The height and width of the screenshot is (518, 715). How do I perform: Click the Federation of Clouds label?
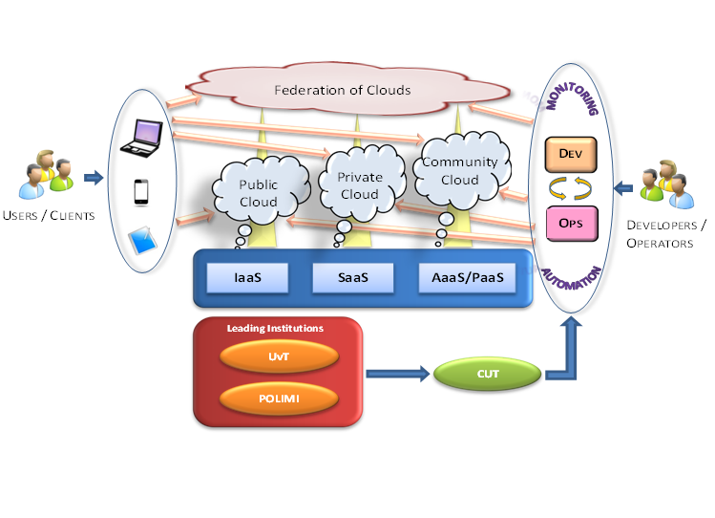pyautogui.click(x=342, y=91)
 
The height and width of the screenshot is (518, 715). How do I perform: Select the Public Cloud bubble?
pyautogui.click(x=259, y=194)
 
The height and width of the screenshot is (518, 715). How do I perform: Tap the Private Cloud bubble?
pyautogui.click(x=359, y=185)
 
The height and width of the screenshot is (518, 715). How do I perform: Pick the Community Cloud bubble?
pyautogui.click(x=460, y=170)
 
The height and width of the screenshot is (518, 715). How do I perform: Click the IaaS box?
pyautogui.click(x=247, y=278)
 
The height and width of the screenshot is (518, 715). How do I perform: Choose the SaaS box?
pyautogui.click(x=352, y=278)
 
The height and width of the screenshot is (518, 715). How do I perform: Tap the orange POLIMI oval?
pyautogui.click(x=278, y=396)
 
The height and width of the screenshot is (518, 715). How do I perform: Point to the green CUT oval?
pyautogui.click(x=488, y=374)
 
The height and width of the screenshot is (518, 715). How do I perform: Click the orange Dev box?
pyautogui.click(x=571, y=151)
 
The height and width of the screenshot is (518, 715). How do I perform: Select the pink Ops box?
pyautogui.click(x=571, y=224)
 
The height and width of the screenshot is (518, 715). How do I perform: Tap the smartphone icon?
pyautogui.click(x=141, y=190)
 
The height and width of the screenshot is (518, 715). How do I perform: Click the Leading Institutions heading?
pyautogui.click(x=275, y=328)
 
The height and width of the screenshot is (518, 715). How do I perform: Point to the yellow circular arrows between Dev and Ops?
pyautogui.click(x=571, y=186)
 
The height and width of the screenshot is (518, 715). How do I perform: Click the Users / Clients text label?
pyautogui.click(x=49, y=215)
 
